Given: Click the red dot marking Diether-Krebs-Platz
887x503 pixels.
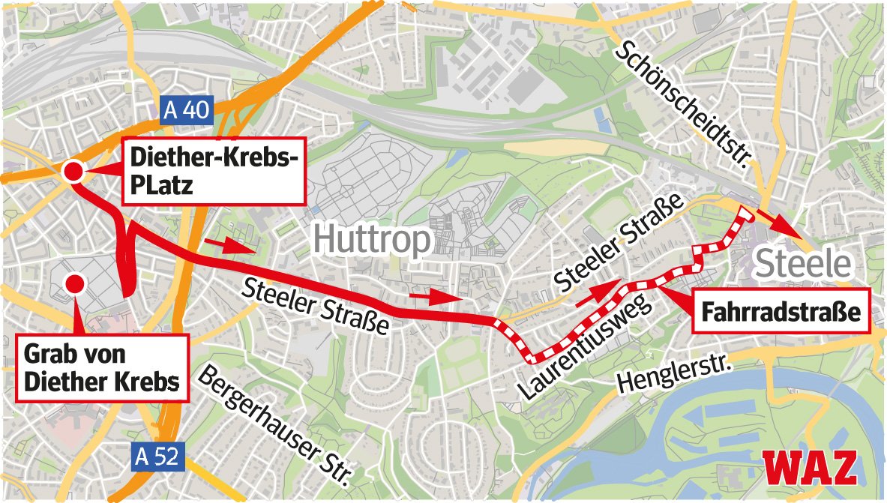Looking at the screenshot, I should [x=73, y=172].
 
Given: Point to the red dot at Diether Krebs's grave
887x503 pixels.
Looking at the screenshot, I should [x=74, y=283].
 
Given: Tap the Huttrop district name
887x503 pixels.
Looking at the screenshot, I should [x=372, y=240].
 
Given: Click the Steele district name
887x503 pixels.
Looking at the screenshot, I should [x=804, y=264].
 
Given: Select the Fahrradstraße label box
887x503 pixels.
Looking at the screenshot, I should [x=781, y=310].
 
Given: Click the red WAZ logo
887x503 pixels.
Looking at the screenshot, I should [x=810, y=469].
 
